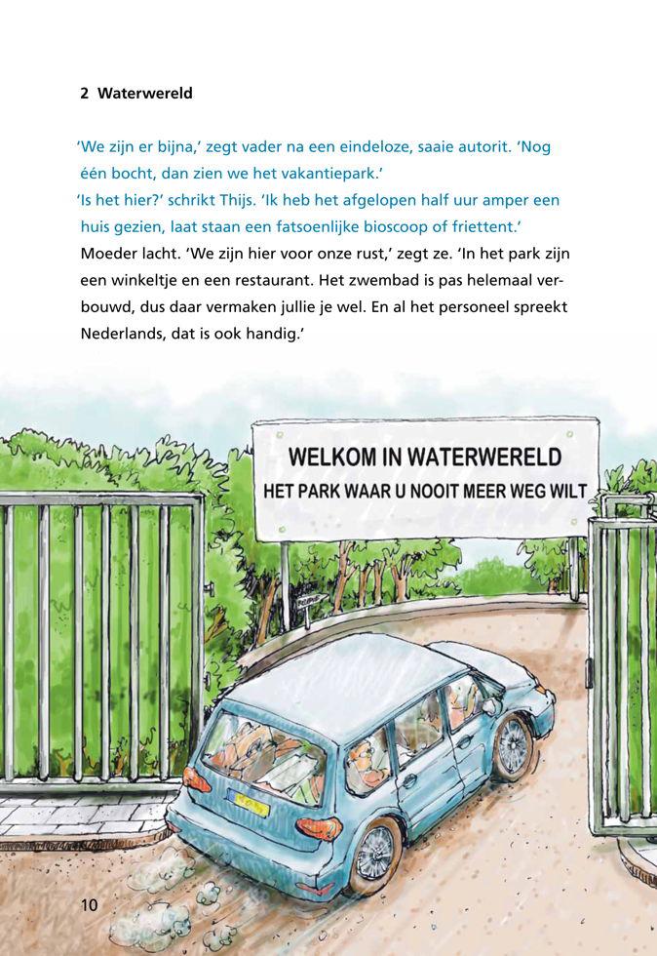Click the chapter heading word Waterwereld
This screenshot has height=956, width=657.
click(x=145, y=94)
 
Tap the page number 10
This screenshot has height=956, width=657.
click(x=89, y=905)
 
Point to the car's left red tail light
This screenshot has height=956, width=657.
click(x=196, y=778)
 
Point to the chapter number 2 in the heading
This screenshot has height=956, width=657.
click(x=85, y=94)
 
